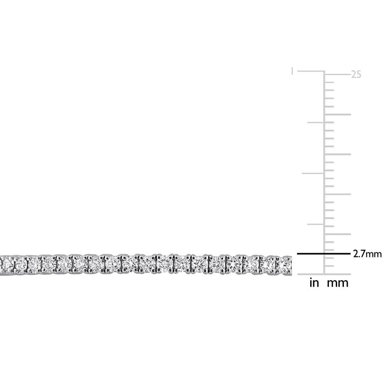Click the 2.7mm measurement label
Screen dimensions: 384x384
[x=367, y=254]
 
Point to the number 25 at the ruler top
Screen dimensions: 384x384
[x=356, y=74]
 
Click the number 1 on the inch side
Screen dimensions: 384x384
[x=292, y=71]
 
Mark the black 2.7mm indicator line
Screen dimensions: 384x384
[x=324, y=254]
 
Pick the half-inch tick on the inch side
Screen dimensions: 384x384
[x=313, y=173]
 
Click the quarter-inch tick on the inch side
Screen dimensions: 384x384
[x=316, y=224]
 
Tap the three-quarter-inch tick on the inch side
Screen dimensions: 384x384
[x=316, y=122]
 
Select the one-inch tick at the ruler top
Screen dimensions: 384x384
[x=311, y=71]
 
